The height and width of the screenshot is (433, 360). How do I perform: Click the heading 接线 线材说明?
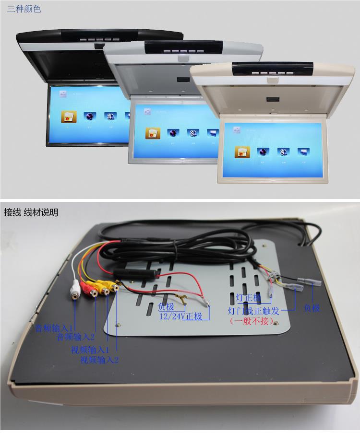pyautogui.click(x=31, y=212)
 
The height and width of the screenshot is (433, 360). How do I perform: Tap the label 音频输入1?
pyautogui.click(x=54, y=328)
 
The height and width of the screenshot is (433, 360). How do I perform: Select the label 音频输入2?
pyautogui.click(x=76, y=337)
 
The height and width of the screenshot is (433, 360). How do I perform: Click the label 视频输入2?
pyautogui.click(x=99, y=359)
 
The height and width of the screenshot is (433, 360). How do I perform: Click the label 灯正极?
pyautogui.click(x=249, y=298)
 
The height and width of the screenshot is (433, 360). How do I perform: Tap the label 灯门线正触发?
pyautogui.click(x=253, y=310)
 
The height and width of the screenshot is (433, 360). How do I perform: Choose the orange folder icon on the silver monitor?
pyautogui.click(x=152, y=133)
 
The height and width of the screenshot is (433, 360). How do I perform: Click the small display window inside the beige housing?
pyautogui.click(x=272, y=100)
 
